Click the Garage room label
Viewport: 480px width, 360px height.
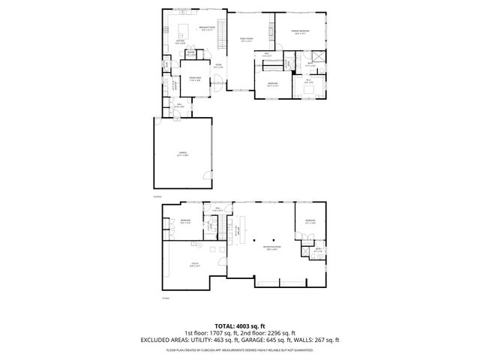pos(182,154)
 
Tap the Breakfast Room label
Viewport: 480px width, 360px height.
pos(208,28)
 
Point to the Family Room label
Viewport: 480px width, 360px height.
pos(247,40)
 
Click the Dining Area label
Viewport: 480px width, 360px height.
pos(194,79)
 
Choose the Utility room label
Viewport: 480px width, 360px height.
pos(194,265)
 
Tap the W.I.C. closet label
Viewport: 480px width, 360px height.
pos(308,81)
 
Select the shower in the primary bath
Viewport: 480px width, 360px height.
pos(318,57)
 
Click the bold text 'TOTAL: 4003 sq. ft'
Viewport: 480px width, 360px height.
pos(240,326)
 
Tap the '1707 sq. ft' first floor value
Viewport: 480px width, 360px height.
pos(217,333)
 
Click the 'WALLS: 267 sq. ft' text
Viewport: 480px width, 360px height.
pos(321,340)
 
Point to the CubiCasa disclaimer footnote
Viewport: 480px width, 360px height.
pos(240,349)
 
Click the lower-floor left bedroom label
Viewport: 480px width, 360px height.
pos(184,221)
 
